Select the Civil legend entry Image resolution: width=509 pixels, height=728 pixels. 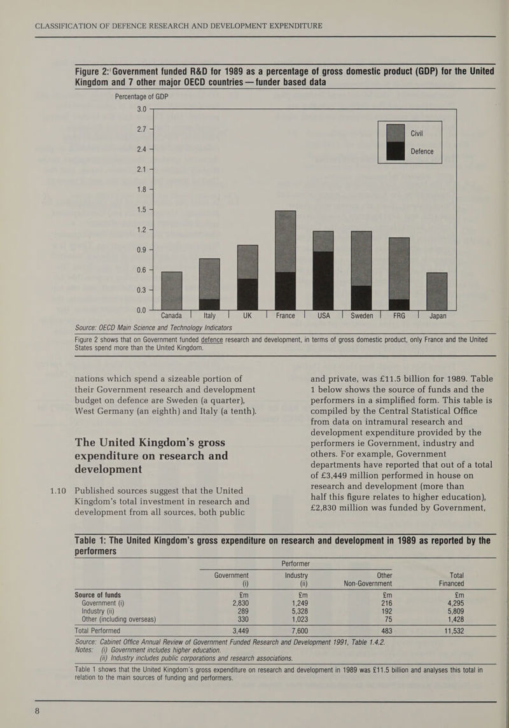(x=417, y=133)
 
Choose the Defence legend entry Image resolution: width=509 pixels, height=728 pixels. (x=421, y=151)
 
